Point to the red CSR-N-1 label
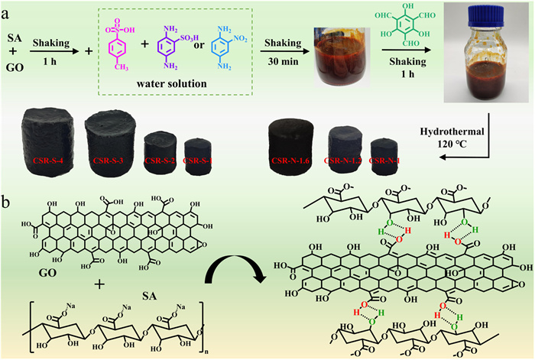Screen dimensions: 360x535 (384, 162)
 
